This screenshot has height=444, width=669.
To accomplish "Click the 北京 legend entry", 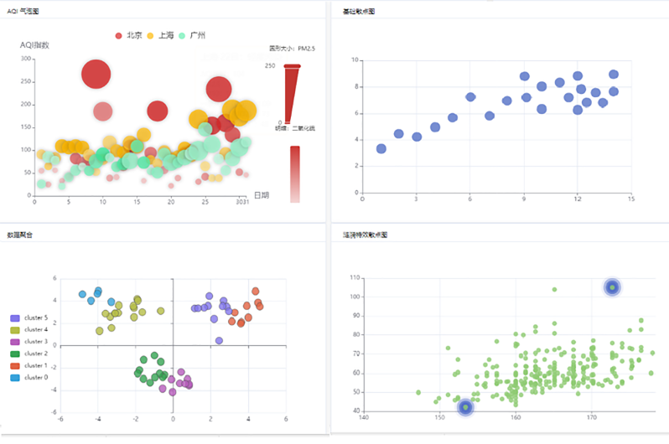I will [127, 35].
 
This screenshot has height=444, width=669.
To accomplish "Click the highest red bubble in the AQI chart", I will [96, 74].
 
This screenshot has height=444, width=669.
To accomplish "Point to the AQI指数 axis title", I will [35, 45].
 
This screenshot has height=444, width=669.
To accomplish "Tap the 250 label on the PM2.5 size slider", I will [271, 65].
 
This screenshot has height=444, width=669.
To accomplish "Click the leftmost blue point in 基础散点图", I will [381, 148].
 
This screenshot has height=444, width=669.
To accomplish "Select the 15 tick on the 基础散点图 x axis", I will [630, 199].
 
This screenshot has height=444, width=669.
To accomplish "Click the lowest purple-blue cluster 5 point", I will [219, 340].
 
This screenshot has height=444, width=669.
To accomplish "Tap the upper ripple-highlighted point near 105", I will [613, 287].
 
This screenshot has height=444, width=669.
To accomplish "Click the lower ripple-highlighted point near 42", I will [465, 407].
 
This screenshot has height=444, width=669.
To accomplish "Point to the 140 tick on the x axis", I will [364, 416].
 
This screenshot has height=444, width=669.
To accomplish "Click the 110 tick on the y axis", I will [355, 277].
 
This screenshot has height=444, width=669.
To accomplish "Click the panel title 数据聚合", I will [21, 236].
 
